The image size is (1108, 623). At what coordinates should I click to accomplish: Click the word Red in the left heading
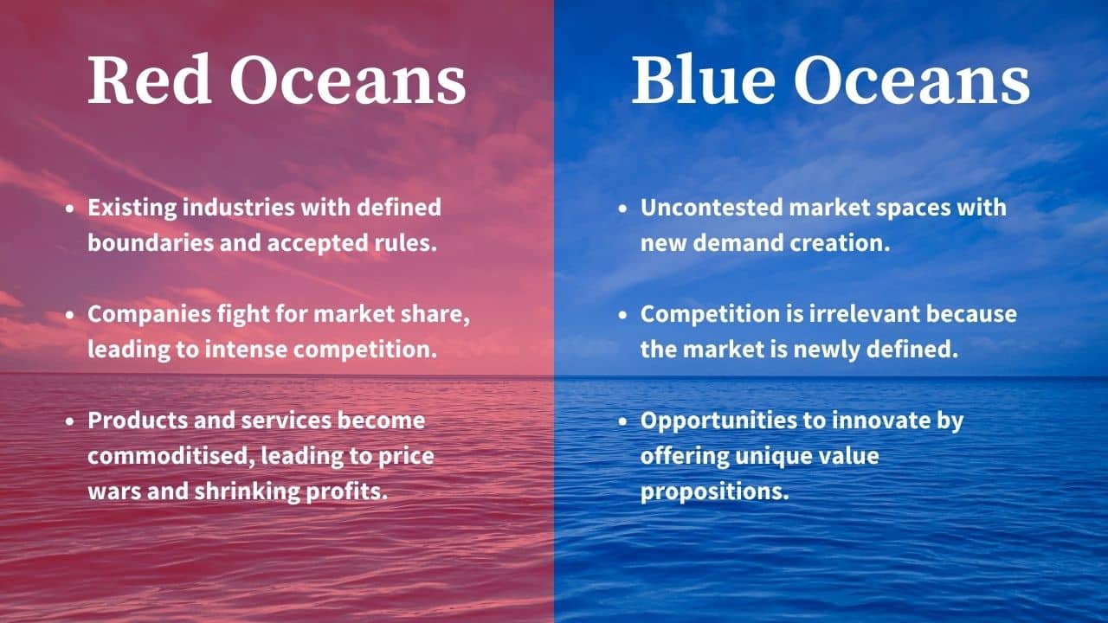pyautogui.click(x=150, y=82)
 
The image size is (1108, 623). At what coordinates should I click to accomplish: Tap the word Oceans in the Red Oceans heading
pyautogui.click(x=348, y=82)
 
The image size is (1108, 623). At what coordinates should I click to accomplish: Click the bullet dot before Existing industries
pyautogui.click(x=70, y=209)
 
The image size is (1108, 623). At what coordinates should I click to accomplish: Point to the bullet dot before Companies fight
pyautogui.click(x=70, y=315)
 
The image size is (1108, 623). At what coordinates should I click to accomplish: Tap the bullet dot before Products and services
pyautogui.click(x=70, y=421)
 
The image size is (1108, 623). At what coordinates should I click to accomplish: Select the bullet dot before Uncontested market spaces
pyautogui.click(x=623, y=209)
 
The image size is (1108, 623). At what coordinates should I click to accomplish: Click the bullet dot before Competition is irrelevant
pyautogui.click(x=623, y=315)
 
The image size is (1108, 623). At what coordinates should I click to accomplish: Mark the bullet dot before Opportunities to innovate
pyautogui.click(x=623, y=421)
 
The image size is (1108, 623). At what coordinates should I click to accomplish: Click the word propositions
pyautogui.click(x=715, y=491)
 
